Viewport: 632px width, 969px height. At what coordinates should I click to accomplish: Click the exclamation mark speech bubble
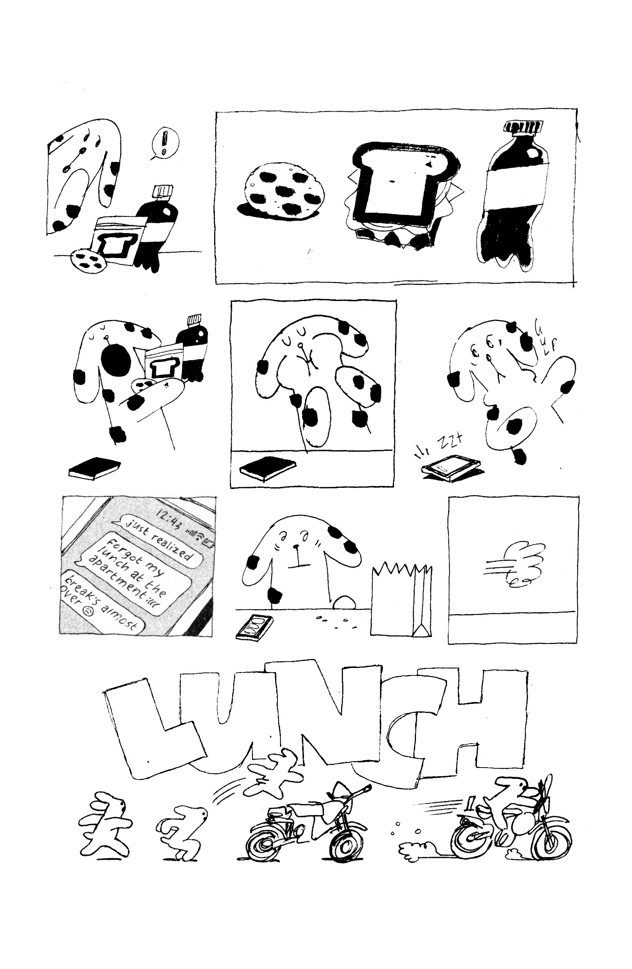pyautogui.click(x=164, y=143)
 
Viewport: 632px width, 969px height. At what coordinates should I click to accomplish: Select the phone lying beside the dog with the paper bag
pyautogui.click(x=255, y=628)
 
